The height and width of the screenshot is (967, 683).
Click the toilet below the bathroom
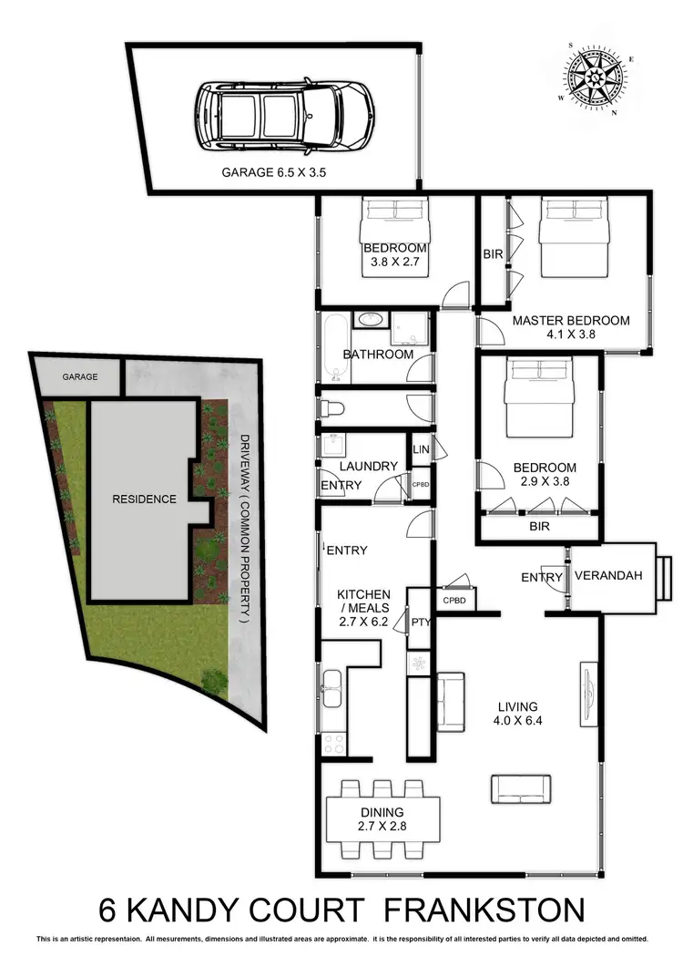(x=333, y=406)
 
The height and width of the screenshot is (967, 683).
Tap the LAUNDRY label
(x=369, y=466)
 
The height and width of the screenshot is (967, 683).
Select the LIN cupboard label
(x=421, y=449)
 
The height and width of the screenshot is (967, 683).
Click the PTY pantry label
(x=420, y=622)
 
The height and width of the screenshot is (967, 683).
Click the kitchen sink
(x=333, y=689)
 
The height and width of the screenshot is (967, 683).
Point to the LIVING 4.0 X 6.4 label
(x=517, y=714)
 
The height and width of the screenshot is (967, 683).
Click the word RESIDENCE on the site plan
(x=143, y=499)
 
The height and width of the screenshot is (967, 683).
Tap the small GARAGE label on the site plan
(x=79, y=375)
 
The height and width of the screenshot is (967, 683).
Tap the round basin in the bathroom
(x=370, y=321)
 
